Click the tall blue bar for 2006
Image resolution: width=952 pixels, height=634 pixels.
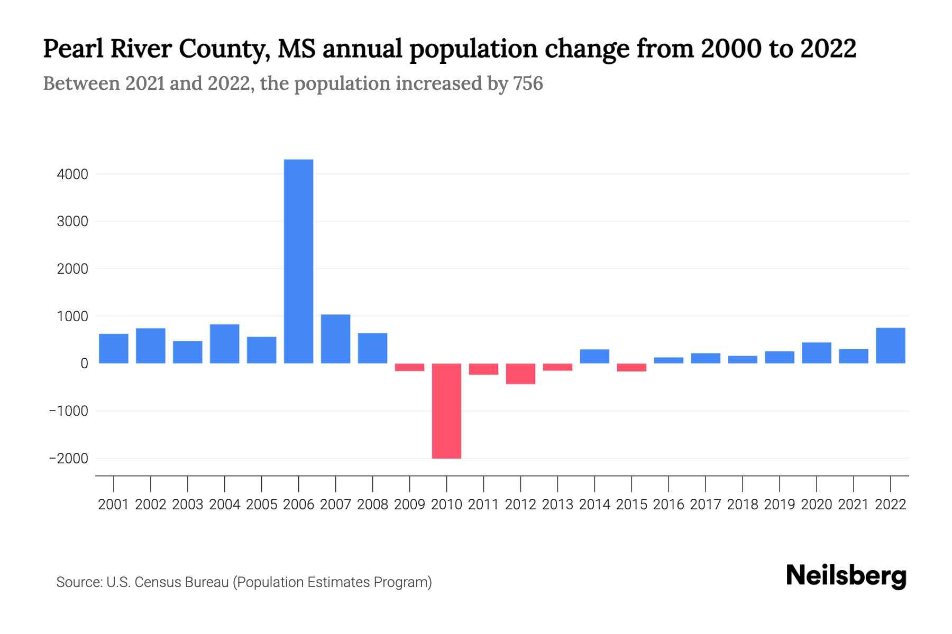298,261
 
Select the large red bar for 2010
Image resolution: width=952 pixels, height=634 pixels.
446,411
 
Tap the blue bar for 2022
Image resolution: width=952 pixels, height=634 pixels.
890,346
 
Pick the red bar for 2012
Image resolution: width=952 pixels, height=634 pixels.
520,374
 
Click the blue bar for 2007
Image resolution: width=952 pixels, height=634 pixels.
335,339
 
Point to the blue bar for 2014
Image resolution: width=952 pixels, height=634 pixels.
594,356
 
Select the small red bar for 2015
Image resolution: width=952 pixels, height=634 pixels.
631,367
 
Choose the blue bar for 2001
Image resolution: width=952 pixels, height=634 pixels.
114,348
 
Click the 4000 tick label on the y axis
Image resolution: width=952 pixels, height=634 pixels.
72,174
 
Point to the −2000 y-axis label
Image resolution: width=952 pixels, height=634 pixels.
69,459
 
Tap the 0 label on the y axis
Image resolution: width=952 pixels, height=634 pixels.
84,363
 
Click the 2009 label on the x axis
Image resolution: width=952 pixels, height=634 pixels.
409,505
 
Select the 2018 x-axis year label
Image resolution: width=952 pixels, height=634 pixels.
743,505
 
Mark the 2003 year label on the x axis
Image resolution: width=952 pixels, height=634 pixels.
188,505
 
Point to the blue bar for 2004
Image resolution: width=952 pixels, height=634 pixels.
225,343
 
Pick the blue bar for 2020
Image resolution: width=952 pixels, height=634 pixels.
816,352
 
